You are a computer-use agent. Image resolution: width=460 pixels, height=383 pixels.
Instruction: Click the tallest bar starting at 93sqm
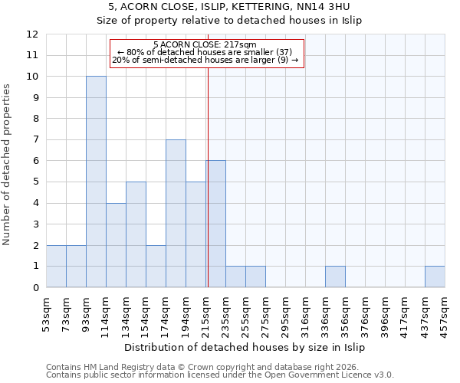(x=96, y=182)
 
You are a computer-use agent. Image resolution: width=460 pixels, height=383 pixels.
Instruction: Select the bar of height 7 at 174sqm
(x=176, y=214)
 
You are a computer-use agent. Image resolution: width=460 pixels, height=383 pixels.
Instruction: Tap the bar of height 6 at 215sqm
(x=216, y=224)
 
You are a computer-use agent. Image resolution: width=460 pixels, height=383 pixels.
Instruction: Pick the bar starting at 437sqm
(x=435, y=277)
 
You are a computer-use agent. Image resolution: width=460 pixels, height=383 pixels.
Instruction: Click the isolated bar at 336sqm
(x=335, y=277)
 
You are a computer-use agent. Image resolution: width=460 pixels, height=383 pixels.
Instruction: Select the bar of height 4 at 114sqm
(x=116, y=245)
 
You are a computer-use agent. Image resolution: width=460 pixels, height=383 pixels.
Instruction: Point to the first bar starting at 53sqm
(x=56, y=267)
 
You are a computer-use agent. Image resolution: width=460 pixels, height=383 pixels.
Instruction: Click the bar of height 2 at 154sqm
(x=156, y=267)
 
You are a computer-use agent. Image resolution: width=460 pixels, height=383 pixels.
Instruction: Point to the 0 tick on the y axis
(x=35, y=288)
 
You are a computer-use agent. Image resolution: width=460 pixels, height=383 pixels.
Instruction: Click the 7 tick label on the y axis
(x=35, y=140)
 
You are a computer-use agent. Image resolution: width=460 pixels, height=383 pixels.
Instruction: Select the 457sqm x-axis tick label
(x=445, y=314)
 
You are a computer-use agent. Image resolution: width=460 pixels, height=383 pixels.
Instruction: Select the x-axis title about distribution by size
(x=245, y=347)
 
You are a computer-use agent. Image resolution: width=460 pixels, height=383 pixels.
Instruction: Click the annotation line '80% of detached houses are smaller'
(x=205, y=52)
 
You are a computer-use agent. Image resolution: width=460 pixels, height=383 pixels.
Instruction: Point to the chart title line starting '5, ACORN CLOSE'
(x=229, y=6)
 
